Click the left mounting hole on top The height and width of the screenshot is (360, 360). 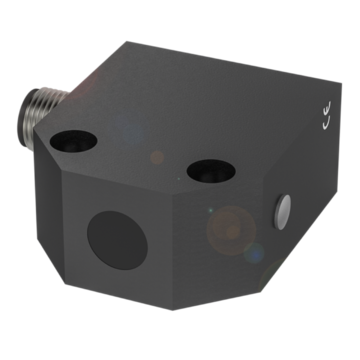pos(73,141)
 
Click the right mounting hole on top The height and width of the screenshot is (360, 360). pos(211,171)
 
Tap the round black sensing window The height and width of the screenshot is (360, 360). pos(117,240)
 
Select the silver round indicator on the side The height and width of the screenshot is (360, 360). pos(282,212)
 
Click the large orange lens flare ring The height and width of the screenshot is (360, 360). pos(231,230)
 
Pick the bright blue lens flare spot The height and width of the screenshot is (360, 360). pos(254,253)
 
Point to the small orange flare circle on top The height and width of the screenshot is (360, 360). pos(157,157)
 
